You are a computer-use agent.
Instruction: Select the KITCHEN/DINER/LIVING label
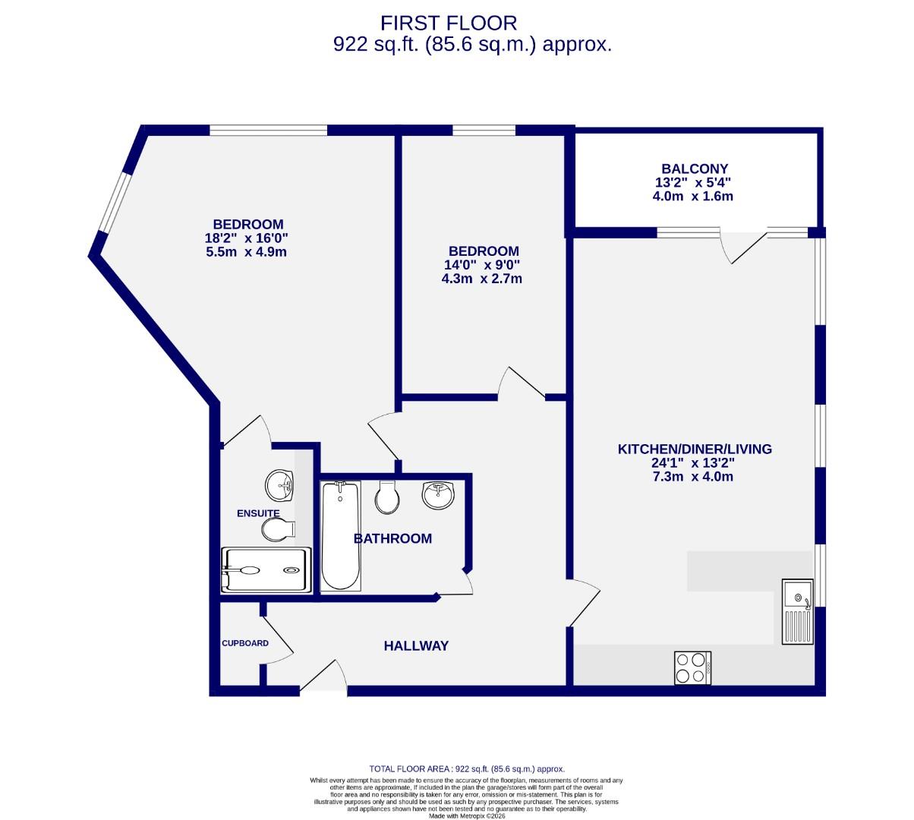[x=694, y=449]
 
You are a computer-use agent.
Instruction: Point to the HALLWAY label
[x=416, y=646]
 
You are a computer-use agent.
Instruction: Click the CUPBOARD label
[x=244, y=643]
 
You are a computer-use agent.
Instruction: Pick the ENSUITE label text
[x=258, y=513]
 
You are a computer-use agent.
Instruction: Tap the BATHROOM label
[x=392, y=538]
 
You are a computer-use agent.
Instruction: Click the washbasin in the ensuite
[x=279, y=484]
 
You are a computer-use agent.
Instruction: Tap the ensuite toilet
[x=274, y=528]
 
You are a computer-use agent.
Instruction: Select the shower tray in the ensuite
[x=265, y=570]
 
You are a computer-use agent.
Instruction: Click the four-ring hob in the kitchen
[x=692, y=667]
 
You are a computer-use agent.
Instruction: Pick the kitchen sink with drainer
[x=797, y=611]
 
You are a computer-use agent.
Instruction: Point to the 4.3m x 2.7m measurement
[x=481, y=279]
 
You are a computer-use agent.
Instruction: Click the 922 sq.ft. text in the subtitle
[x=376, y=45]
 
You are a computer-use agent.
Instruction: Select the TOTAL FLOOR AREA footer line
[x=466, y=768]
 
